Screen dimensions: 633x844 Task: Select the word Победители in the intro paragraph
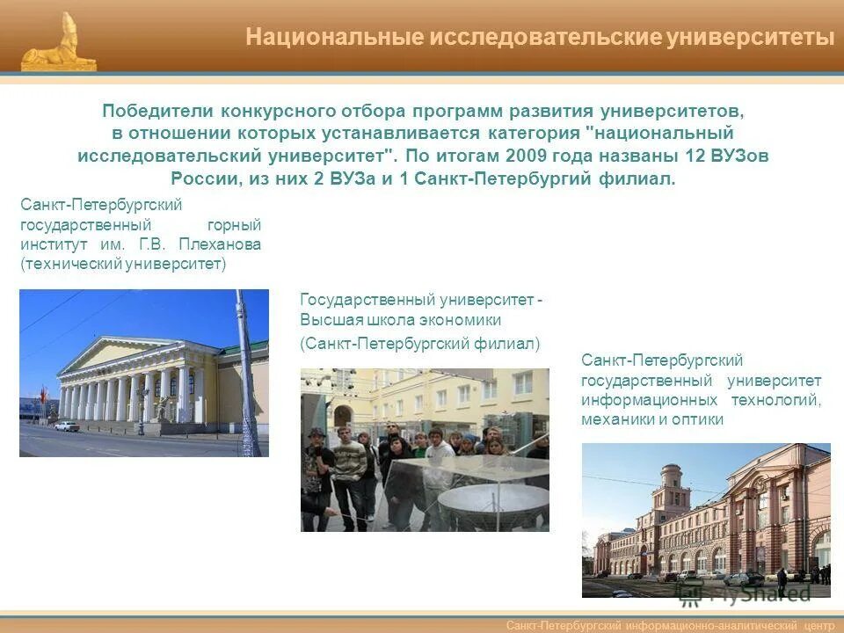[x=156, y=111]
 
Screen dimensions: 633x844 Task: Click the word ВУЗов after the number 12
[x=744, y=156]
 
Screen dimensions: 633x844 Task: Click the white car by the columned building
[x=67, y=426]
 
